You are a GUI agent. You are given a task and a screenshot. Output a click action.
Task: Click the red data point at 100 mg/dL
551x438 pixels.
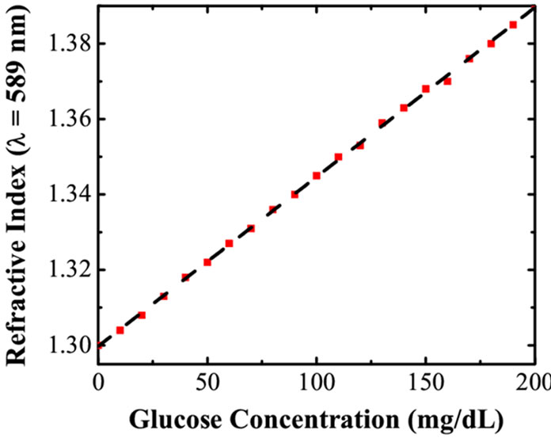317,175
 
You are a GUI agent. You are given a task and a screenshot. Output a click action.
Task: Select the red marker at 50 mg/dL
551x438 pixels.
207,262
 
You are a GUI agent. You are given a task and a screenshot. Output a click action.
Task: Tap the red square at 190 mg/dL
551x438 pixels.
513,25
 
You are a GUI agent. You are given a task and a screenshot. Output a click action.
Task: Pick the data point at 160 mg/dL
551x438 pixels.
447,82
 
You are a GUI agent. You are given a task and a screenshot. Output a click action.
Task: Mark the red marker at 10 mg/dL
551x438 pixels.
120,330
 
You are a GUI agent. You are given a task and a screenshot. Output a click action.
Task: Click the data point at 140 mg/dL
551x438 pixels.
404,108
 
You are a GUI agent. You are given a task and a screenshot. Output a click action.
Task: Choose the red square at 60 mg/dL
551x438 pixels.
229,243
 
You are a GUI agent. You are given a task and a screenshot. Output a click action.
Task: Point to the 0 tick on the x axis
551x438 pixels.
99,383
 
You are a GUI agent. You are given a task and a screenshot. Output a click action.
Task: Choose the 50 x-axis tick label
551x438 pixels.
207,383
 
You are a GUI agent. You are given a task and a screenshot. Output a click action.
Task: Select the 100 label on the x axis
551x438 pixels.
317,383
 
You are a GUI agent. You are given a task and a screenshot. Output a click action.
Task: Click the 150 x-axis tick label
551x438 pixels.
426,383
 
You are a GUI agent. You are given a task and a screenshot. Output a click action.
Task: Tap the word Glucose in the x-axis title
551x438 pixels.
176,419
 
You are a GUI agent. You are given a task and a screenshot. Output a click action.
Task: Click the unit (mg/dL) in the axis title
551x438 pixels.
455,420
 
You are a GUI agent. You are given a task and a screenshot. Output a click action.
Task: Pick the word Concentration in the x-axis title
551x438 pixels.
314,419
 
